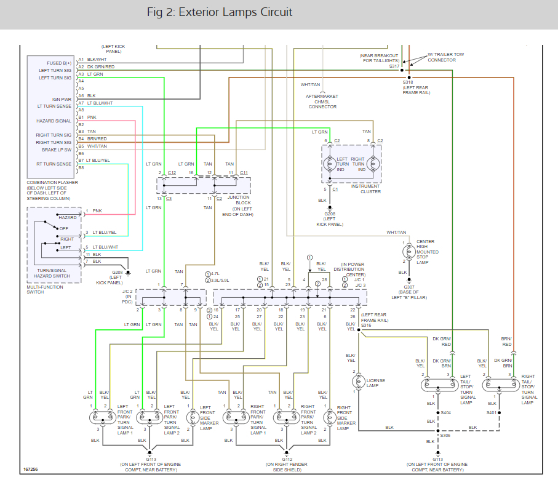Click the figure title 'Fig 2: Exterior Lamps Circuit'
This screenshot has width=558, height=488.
220,12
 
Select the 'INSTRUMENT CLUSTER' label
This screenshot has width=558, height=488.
366,189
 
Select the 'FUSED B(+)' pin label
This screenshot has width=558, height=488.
60,63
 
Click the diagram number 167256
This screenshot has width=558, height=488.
31,470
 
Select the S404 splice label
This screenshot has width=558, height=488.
446,413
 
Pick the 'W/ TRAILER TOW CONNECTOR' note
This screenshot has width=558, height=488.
440,57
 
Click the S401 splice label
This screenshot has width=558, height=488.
492,413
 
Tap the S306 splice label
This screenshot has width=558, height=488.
446,436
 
